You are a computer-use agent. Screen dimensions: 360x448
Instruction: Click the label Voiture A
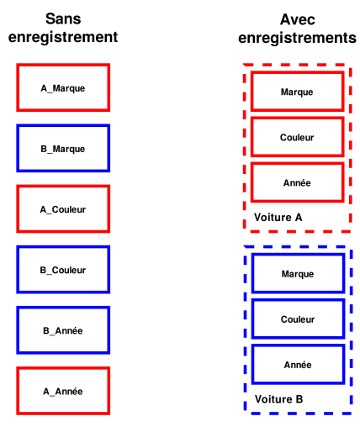point(278,218)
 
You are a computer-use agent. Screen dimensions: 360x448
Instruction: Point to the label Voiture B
point(278,399)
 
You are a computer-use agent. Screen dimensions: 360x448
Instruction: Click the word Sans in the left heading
point(63,18)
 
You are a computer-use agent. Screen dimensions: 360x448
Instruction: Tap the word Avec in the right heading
point(298,19)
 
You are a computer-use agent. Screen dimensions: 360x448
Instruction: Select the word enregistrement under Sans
point(63,37)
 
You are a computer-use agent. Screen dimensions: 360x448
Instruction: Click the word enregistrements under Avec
point(298,38)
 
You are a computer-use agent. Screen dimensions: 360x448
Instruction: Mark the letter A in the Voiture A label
point(299,218)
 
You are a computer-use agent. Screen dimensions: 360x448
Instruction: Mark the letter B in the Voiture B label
point(299,399)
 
